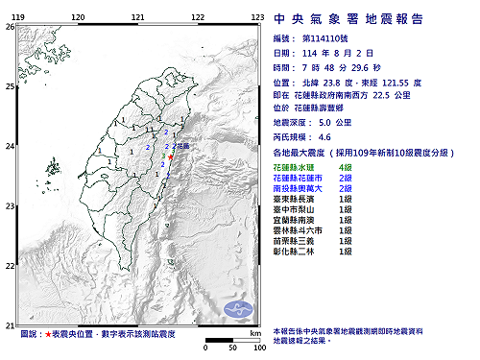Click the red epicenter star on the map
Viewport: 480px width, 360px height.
pos(172,150)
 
